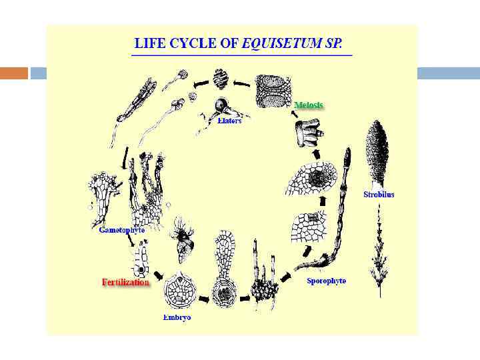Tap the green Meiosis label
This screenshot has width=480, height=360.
click(309, 105)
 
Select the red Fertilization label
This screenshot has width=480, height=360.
click(126, 282)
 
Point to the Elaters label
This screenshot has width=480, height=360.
click(229, 121)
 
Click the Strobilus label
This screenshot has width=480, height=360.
click(379, 195)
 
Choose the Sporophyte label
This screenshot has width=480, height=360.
click(326, 281)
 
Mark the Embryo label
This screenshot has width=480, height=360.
click(177, 317)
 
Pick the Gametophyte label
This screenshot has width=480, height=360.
click(122, 230)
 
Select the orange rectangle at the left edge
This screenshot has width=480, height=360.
click(14, 73)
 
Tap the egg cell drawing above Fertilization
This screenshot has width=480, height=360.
click(140, 262)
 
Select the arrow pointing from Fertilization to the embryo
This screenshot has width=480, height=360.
click(159, 275)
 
